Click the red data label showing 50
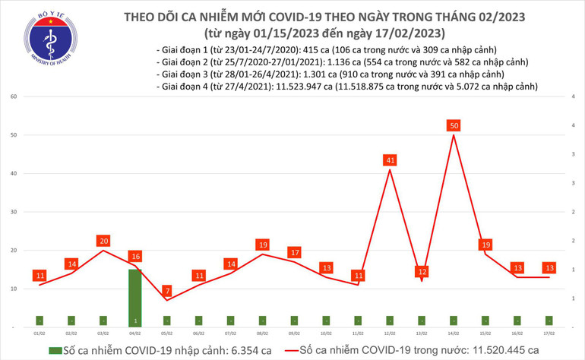(x=454, y=125)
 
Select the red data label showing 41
(x=390, y=160)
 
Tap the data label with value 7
(x=166, y=291)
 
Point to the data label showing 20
(x=103, y=241)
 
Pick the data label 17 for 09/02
(x=295, y=252)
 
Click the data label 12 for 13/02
(x=422, y=271)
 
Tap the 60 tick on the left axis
(x=14, y=96)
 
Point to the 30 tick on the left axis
(x=14, y=212)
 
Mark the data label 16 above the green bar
(x=134, y=257)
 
